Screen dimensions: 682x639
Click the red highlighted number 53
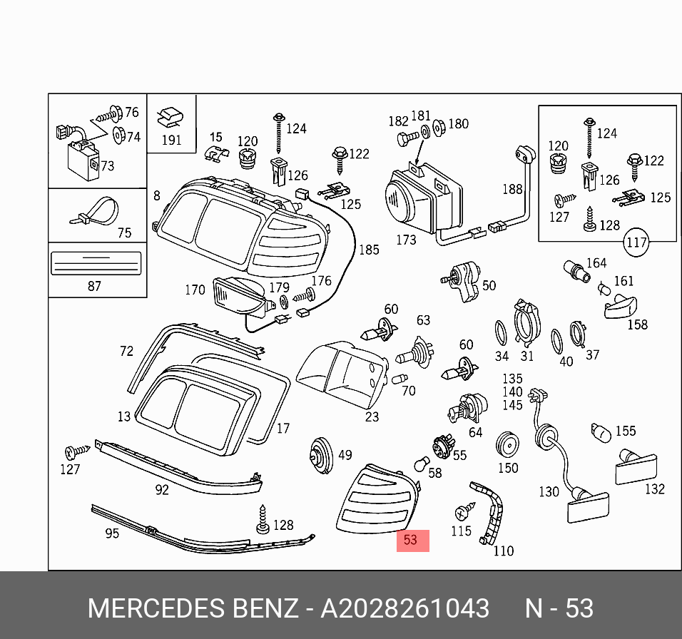tap(410, 540)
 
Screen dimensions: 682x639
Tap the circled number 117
tap(636, 242)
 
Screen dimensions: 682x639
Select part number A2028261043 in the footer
tap(404, 608)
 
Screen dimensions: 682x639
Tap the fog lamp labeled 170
tap(240, 297)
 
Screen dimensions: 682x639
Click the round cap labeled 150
tap(507, 444)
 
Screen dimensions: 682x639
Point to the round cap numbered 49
tap(320, 454)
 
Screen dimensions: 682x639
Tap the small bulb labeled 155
tap(599, 431)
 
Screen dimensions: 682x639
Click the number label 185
tap(369, 250)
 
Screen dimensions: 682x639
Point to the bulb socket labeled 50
tap(464, 282)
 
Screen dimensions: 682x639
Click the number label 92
tap(163, 490)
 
